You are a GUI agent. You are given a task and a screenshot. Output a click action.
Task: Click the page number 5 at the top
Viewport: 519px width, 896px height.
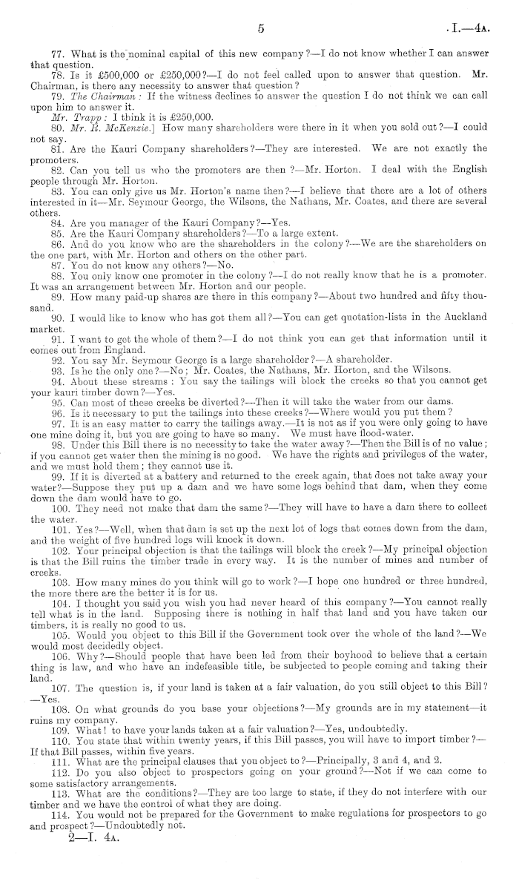[x=260, y=29]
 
